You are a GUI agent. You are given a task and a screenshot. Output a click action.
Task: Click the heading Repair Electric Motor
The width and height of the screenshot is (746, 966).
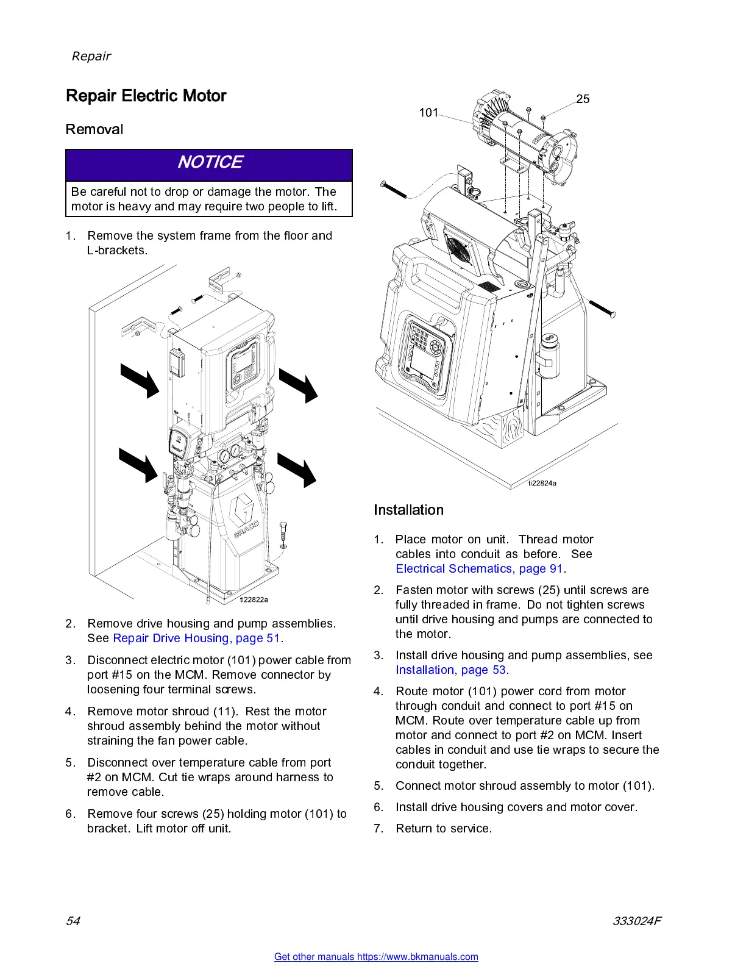click(146, 96)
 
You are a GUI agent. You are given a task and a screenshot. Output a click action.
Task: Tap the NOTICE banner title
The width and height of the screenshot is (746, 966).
click(210, 162)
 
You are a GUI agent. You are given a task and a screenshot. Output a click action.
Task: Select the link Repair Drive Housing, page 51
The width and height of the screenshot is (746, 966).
click(196, 638)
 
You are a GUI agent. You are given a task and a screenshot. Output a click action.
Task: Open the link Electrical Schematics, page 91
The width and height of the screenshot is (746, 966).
click(479, 568)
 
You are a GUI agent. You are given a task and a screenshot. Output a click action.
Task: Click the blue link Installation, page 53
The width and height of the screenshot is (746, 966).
click(450, 670)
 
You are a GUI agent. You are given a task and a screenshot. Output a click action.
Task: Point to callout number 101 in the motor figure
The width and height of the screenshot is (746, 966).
click(428, 112)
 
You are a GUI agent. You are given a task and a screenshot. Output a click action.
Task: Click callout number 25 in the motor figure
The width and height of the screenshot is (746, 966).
click(583, 99)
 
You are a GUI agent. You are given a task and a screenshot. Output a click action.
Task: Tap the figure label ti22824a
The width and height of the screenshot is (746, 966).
click(542, 483)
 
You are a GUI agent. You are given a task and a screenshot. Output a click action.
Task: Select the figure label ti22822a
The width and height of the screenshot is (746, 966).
click(254, 599)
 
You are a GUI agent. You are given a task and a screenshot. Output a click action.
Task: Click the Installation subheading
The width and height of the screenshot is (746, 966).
click(408, 510)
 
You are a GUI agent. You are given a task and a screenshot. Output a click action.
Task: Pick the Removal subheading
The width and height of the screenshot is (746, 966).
click(94, 129)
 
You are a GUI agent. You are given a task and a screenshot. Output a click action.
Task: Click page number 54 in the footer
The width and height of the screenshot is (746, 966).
click(73, 921)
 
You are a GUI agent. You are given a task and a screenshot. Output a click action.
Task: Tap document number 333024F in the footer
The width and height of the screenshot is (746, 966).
click(637, 921)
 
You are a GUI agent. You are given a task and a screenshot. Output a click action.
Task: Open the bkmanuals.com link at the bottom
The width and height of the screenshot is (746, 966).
click(376, 956)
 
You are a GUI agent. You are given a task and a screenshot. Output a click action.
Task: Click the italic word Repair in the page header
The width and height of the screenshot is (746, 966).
click(91, 56)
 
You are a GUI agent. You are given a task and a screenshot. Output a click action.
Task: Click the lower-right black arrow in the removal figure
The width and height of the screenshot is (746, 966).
click(297, 469)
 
